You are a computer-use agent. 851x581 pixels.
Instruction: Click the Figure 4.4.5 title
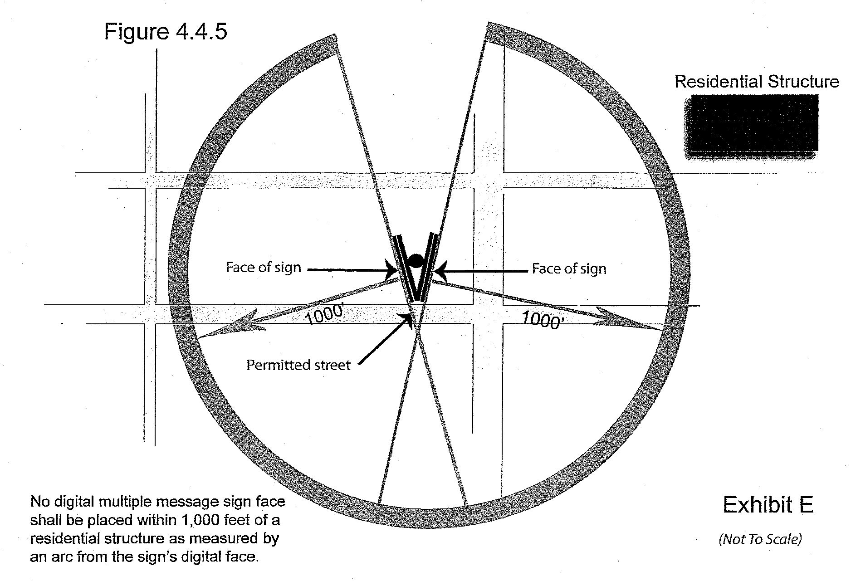point(165,32)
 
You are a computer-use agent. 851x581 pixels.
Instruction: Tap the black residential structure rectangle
point(751,123)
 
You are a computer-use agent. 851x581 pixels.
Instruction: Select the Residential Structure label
point(756,82)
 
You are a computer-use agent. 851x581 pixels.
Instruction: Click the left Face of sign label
point(264,267)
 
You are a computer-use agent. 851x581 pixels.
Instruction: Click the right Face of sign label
point(569,269)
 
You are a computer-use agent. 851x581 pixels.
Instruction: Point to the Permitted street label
point(298,365)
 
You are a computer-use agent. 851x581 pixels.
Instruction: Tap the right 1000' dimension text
point(543,320)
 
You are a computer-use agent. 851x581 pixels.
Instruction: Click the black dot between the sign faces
point(415,260)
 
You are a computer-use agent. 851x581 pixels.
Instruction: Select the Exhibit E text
point(768,505)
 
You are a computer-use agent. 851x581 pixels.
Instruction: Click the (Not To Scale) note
point(760,539)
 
